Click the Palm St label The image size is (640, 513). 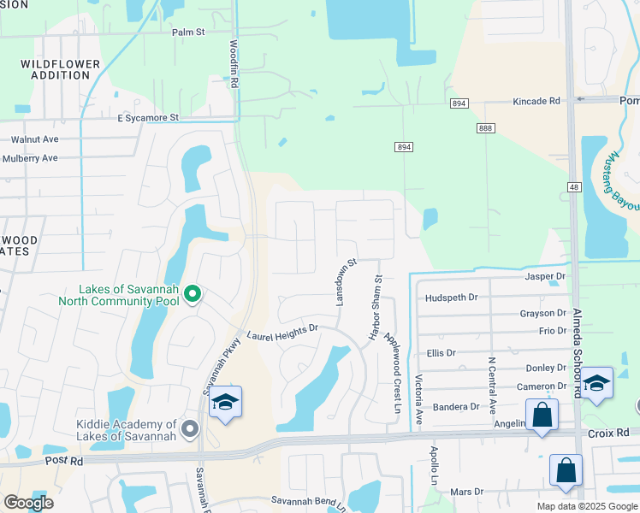188,32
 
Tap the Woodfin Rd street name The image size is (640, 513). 233,63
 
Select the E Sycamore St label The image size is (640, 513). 148,117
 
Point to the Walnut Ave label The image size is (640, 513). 34,139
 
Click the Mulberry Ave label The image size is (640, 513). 30,158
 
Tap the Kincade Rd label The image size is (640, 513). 536,101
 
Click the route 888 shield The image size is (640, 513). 487,127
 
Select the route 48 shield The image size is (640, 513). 573,186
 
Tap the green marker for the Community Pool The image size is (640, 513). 193,294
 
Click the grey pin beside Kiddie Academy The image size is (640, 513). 190,429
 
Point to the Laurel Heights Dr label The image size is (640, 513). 282,333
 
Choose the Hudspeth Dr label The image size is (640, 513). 452,298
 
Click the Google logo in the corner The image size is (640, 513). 27,503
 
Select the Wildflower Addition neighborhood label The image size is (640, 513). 55,69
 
